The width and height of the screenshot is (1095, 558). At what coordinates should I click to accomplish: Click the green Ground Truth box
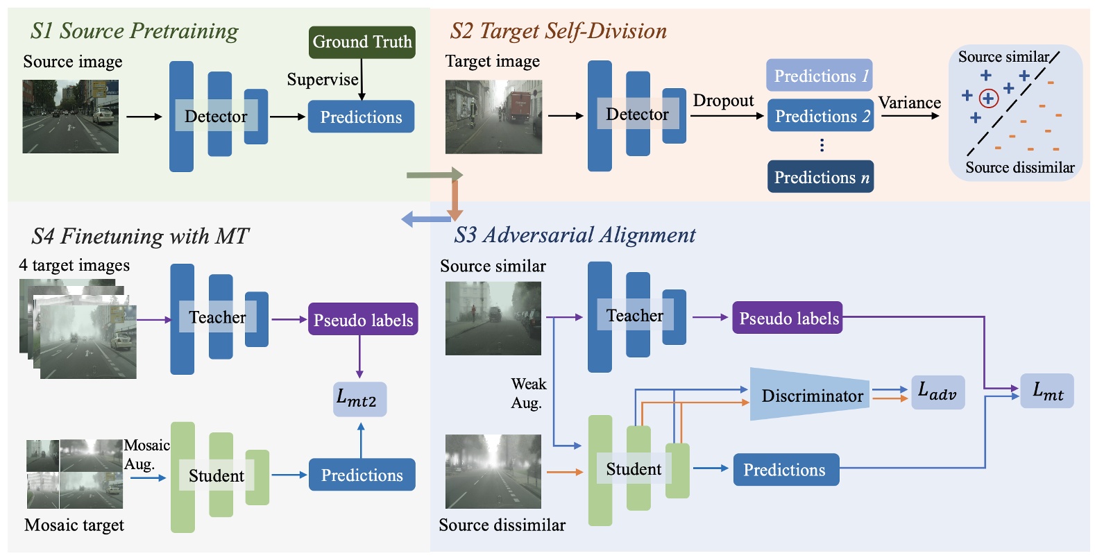(x=362, y=42)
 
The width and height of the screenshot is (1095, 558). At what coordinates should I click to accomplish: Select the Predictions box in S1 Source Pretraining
(x=361, y=117)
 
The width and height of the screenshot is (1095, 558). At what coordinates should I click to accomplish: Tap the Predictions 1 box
(x=820, y=76)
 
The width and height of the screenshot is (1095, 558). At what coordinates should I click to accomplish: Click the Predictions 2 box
(x=820, y=116)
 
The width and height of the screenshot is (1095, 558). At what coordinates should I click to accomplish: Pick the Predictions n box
(x=820, y=177)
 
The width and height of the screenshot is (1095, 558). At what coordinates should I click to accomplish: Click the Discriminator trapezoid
(x=810, y=395)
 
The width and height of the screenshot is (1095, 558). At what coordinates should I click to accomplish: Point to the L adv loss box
(x=937, y=392)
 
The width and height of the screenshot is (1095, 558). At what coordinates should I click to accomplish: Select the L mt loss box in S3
(x=1047, y=391)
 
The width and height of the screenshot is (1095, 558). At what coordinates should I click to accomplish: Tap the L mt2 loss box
(x=359, y=400)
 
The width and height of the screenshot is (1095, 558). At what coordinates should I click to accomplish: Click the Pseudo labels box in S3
(x=788, y=318)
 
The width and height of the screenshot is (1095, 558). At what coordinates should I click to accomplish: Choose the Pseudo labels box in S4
(x=363, y=319)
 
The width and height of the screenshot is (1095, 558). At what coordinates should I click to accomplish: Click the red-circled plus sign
(x=988, y=99)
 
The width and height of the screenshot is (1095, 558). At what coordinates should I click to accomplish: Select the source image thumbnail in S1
(x=71, y=117)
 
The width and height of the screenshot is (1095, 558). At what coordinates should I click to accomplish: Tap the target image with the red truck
(x=493, y=117)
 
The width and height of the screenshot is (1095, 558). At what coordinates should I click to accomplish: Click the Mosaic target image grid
(x=74, y=474)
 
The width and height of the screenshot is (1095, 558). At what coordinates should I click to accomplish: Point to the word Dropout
(x=723, y=101)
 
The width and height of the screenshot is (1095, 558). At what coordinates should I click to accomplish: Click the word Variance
(x=909, y=103)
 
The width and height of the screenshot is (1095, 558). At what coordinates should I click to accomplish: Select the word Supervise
(x=323, y=80)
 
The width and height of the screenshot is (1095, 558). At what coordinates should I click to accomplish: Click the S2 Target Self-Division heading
(x=559, y=31)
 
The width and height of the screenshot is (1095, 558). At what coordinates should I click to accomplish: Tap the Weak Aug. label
(x=528, y=394)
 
